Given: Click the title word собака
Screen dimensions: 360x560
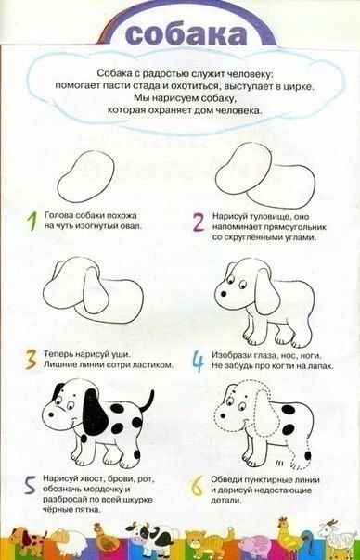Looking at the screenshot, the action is coord(186,34).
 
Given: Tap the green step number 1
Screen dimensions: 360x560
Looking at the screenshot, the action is coord(32,221).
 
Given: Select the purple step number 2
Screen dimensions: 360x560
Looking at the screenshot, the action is coord(199,223).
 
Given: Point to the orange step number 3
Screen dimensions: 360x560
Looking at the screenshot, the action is coord(32,360).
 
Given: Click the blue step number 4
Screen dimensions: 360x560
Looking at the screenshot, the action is coord(198,361).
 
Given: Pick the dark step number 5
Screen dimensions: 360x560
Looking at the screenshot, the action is coord(30,485).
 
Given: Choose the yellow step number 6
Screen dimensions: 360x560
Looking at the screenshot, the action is coord(197,486).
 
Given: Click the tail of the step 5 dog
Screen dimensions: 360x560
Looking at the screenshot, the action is coord(147,401).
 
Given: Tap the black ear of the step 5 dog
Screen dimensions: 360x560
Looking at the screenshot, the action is coord(95,412).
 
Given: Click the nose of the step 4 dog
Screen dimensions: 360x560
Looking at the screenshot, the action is coord(223,294).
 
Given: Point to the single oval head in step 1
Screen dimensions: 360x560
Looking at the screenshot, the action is coord(85,176).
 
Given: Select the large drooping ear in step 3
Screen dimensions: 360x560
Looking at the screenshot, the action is coord(96,290).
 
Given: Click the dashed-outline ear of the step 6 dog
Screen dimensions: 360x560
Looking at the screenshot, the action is coord(266,413).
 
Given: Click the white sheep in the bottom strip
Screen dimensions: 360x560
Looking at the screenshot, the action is coord(69,539).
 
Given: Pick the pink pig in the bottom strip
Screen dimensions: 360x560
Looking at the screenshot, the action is coord(255,543).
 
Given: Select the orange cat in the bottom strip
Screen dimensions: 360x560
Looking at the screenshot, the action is coord(206,541).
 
